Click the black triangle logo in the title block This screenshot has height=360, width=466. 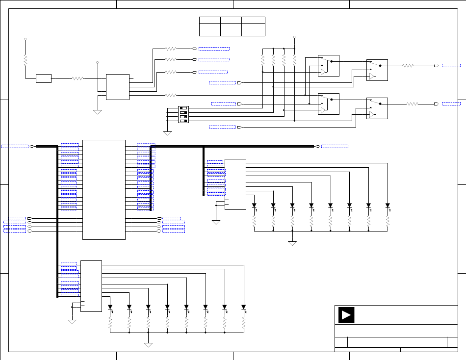pyautogui.click(x=346, y=315)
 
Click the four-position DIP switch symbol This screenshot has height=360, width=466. pyautogui.click(x=183, y=114)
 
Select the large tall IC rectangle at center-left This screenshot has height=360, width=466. pyautogui.click(x=104, y=190)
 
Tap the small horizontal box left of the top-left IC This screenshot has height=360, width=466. pyautogui.click(x=44, y=78)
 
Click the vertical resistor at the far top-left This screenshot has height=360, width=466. pyautogui.click(x=25, y=60)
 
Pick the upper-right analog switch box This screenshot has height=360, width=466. pyautogui.click(x=377, y=70)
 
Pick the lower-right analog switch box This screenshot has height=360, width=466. pyautogui.click(x=377, y=108)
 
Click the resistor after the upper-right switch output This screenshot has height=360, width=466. pyautogui.click(x=408, y=65)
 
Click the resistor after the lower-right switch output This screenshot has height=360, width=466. pyautogui.click(x=412, y=104)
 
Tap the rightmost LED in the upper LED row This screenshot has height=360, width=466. pyautogui.click(x=388, y=206)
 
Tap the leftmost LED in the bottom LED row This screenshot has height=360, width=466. pyautogui.click(x=110, y=308)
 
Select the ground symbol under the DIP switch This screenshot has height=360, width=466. pyautogui.click(x=167, y=133)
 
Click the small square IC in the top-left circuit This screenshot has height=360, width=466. pyautogui.click(x=118, y=87)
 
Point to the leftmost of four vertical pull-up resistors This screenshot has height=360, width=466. pyautogui.click(x=262, y=60)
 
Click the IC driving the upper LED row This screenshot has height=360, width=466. pyautogui.click(x=235, y=184)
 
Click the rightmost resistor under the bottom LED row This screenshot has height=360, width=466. pyautogui.click(x=244, y=322)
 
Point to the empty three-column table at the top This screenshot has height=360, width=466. pyautogui.click(x=232, y=26)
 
